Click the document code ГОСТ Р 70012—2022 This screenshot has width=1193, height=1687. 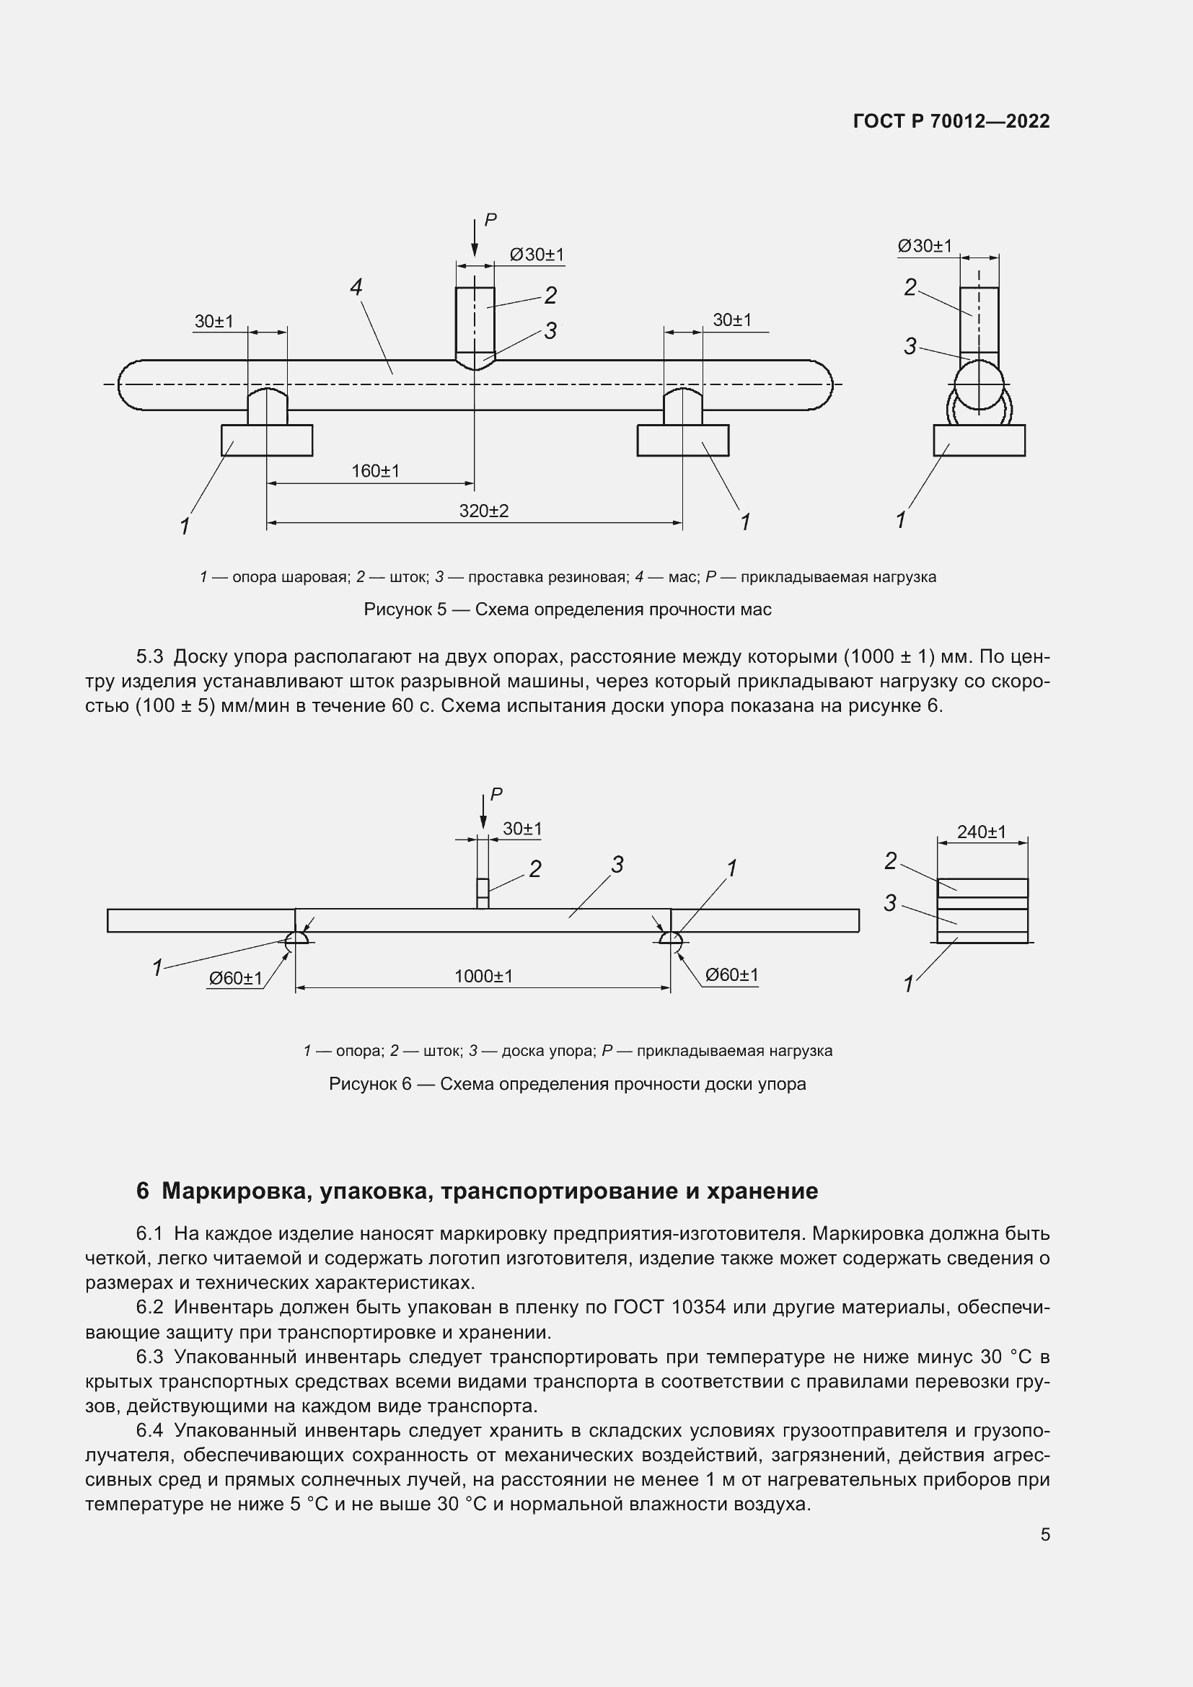click(951, 121)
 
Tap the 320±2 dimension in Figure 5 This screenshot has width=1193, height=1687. click(483, 511)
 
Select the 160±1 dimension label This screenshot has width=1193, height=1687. click(374, 471)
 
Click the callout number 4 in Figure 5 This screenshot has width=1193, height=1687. click(356, 287)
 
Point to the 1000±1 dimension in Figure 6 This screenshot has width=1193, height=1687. click(483, 977)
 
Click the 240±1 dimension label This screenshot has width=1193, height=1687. click(982, 832)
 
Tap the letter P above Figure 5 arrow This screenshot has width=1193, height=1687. click(490, 220)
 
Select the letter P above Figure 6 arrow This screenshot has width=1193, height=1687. click(496, 794)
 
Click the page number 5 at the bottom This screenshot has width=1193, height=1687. click(1045, 1535)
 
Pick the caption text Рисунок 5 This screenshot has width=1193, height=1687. click(405, 610)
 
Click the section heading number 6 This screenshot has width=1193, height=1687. click(143, 1191)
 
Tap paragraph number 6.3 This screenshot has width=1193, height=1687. click(150, 1357)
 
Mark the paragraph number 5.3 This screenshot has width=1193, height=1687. click(150, 656)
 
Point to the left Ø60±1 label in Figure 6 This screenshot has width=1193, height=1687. click(235, 979)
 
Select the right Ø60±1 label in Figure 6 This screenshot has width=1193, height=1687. click(731, 975)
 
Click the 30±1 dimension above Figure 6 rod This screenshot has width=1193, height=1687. click(522, 829)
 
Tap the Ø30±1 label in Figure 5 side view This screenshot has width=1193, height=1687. click(924, 246)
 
